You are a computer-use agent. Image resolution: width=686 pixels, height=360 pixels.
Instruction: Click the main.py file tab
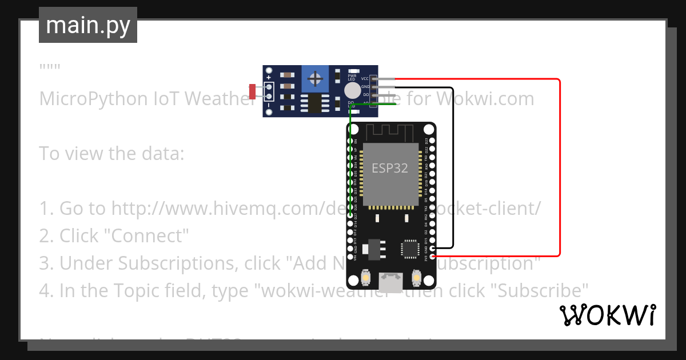coord(87,25)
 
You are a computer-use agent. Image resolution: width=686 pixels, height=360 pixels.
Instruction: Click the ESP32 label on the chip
coord(390,168)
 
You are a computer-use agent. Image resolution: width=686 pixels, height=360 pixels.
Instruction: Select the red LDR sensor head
coord(252,91)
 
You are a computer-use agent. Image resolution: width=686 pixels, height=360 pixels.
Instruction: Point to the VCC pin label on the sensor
coord(364,78)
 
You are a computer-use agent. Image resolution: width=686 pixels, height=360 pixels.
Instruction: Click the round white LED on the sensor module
coord(353,90)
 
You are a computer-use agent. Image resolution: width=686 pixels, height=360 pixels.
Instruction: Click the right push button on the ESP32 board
coord(416,278)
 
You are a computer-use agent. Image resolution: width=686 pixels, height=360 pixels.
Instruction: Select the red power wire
coord(559,171)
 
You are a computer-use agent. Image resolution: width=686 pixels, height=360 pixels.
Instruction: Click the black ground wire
coord(453,171)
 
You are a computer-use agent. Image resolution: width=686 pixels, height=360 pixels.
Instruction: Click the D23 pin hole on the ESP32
coord(432,141)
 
